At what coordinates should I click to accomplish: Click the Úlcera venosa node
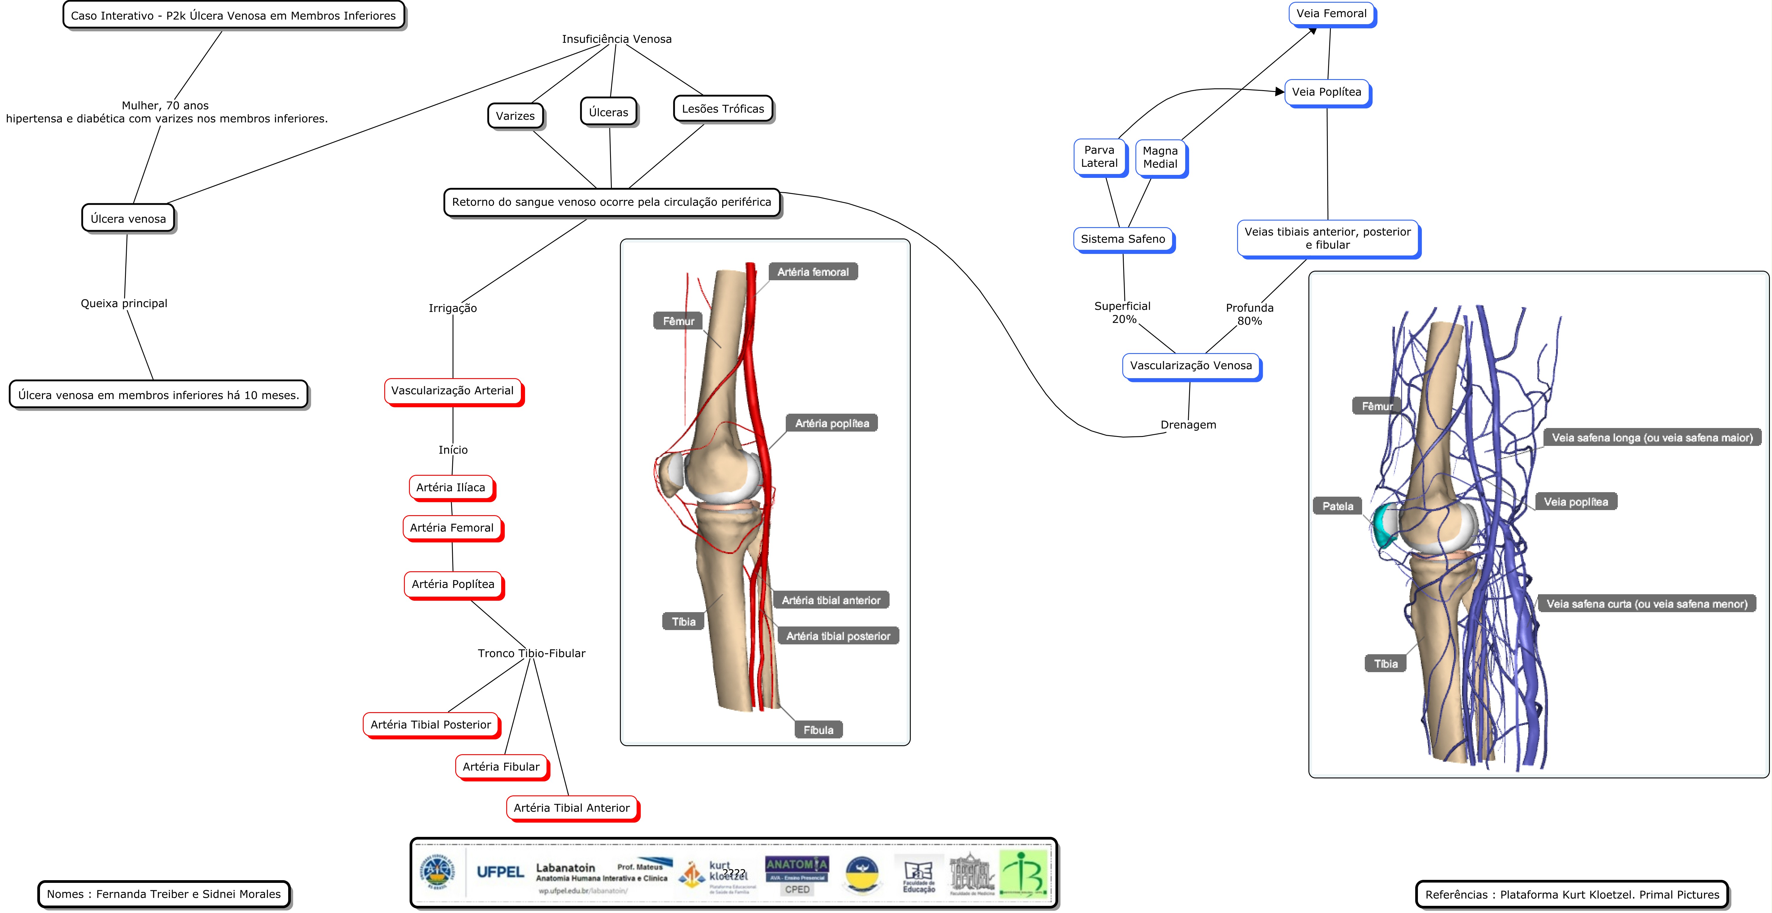coord(128,219)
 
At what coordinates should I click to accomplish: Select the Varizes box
coord(515,116)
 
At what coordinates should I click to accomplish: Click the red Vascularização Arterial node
coord(453,391)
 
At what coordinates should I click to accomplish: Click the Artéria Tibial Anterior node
coord(572,808)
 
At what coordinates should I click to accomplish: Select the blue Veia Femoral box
coord(1331,14)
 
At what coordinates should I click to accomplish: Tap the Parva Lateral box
coord(1099,157)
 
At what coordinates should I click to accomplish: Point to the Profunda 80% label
coord(1249,314)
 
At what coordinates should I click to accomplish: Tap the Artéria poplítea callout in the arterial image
coord(832,423)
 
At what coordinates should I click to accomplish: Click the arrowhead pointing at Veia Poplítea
coord(1279,92)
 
